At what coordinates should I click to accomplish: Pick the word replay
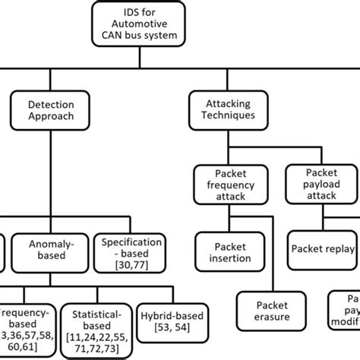click(341, 247)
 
